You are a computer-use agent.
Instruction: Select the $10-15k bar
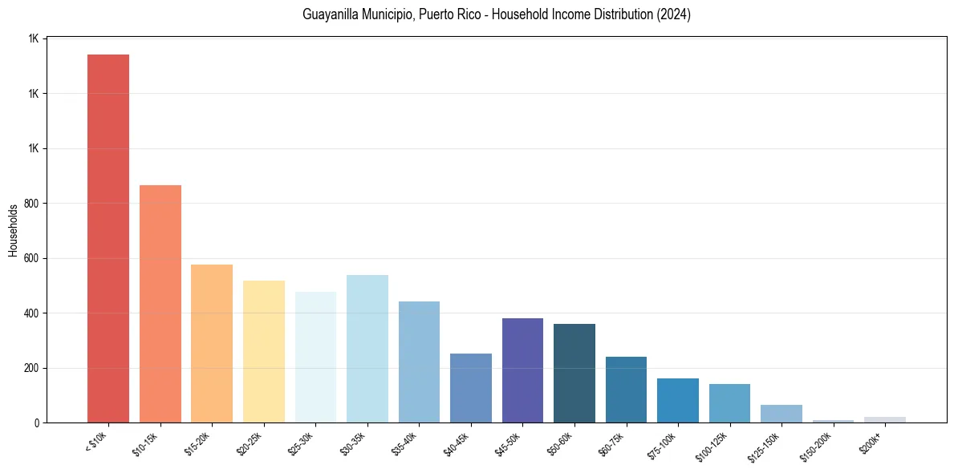[x=160, y=304]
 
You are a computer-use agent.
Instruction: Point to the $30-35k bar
[x=367, y=349]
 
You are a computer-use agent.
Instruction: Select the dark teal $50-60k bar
[x=574, y=373]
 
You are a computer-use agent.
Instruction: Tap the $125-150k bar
[x=781, y=414]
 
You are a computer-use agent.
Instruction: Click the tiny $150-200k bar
[x=833, y=421]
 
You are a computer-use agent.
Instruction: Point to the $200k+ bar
[x=885, y=419]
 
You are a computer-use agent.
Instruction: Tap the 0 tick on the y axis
[x=35, y=423]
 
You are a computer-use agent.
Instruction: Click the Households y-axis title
[x=13, y=230]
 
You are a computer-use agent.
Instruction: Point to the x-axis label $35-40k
[x=405, y=443]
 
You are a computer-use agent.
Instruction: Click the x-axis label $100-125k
[x=713, y=446]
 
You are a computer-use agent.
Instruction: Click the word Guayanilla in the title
[x=328, y=14]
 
